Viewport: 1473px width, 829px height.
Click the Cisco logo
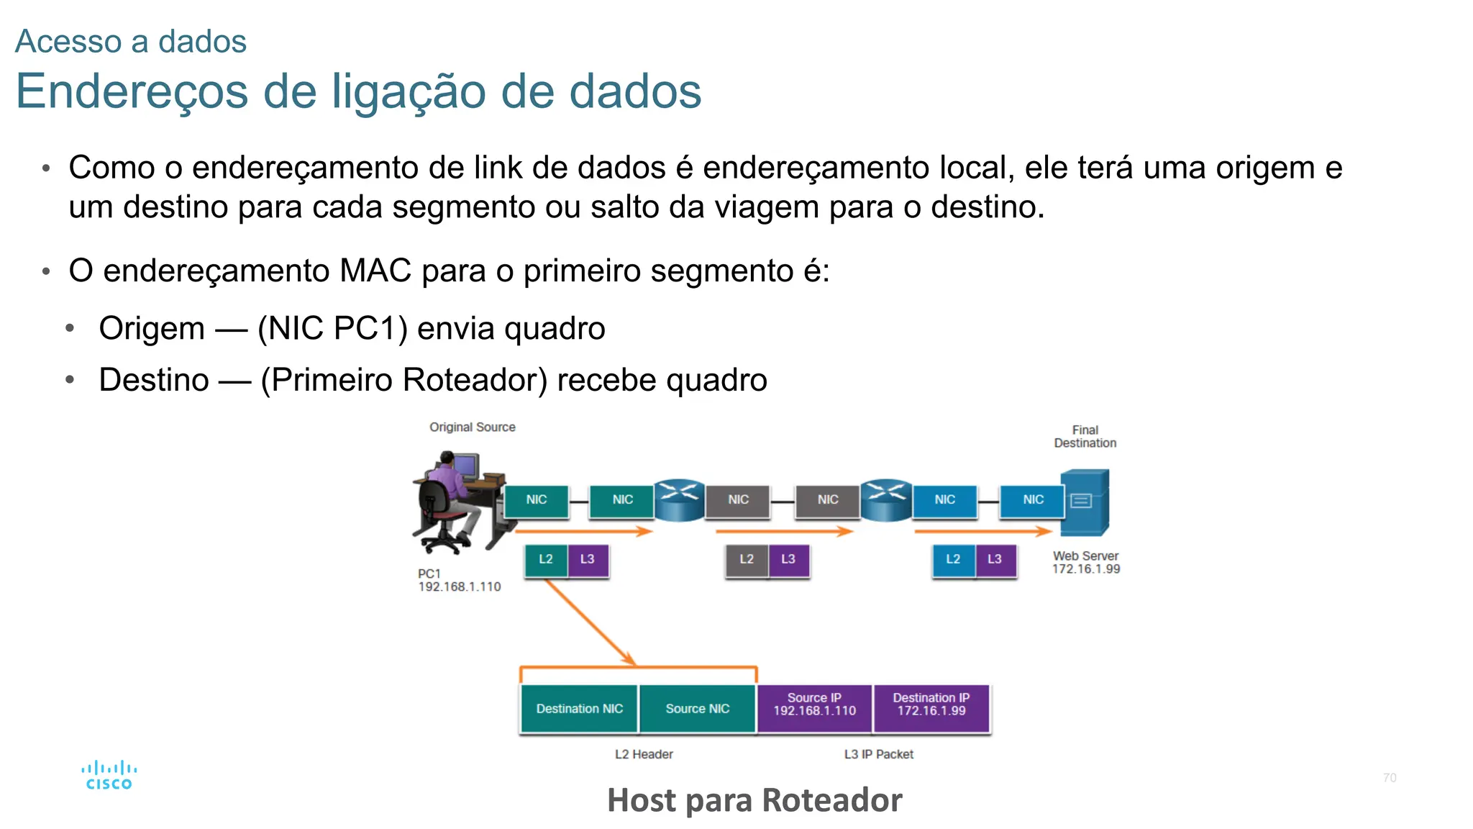pyautogui.click(x=109, y=776)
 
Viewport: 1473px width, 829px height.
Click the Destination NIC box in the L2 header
pyautogui.click(x=579, y=709)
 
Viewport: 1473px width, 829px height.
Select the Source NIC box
pyautogui.click(x=697, y=709)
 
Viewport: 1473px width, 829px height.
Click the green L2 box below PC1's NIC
pyautogui.click(x=546, y=559)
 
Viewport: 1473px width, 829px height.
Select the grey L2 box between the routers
pyautogui.click(x=747, y=559)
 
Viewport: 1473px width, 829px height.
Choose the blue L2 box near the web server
pyautogui.click(x=953, y=559)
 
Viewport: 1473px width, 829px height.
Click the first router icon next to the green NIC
pyautogui.click(x=680, y=499)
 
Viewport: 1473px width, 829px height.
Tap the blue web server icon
pyautogui.click(x=1085, y=502)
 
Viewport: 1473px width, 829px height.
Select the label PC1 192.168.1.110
pyautogui.click(x=459, y=580)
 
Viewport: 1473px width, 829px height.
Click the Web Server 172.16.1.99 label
pyautogui.click(x=1085, y=562)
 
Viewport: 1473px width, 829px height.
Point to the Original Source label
pyautogui.click(x=472, y=427)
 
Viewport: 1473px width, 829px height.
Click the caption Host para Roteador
pyautogui.click(x=754, y=800)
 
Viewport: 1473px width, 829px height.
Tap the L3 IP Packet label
pyautogui.click(x=878, y=754)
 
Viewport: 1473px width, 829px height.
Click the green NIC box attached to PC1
pyautogui.click(x=537, y=499)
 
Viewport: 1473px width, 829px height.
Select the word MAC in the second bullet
pyautogui.click(x=376, y=271)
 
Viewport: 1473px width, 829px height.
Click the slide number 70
pyautogui.click(x=1389, y=778)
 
